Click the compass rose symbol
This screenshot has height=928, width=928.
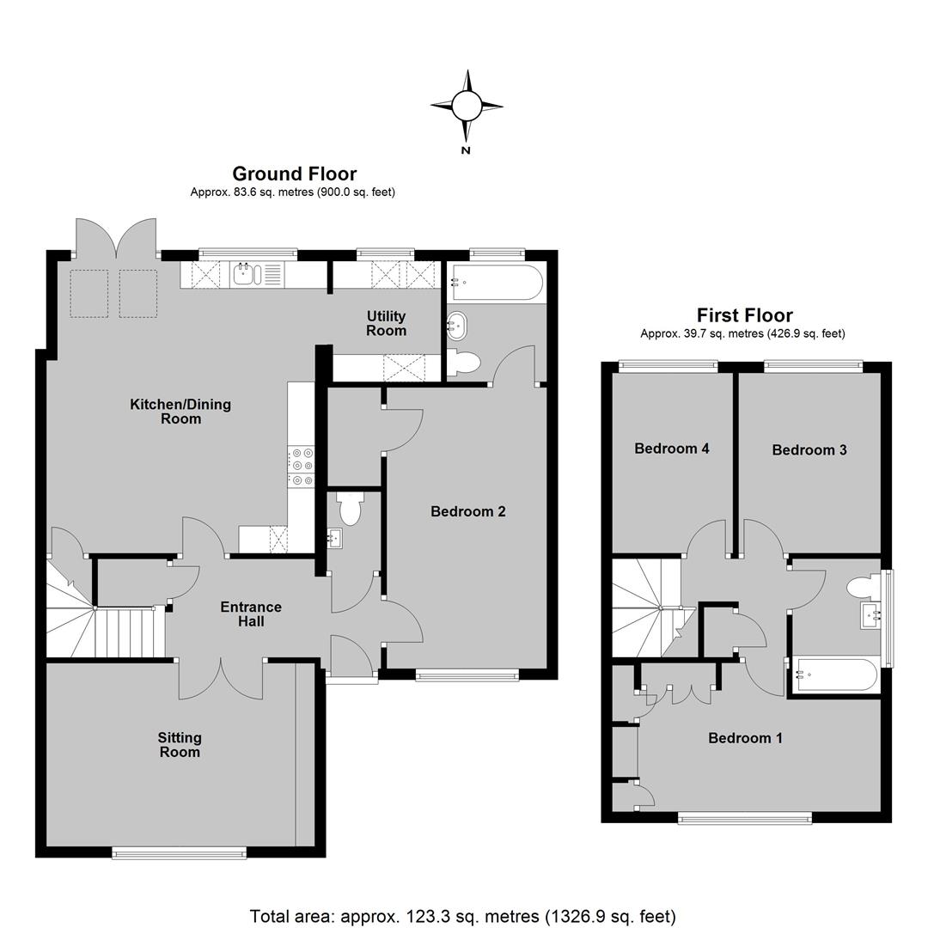point(467,106)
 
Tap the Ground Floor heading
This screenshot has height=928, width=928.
point(294,174)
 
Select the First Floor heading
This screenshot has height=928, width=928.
point(744,314)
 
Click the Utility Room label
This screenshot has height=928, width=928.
point(386,323)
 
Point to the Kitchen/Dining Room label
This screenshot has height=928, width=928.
point(180,412)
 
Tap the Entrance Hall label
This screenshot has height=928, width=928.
point(251,614)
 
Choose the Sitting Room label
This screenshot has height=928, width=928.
point(180,744)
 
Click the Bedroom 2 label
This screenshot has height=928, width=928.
point(468,511)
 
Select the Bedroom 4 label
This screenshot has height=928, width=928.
point(672,448)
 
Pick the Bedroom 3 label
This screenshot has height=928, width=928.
point(809,449)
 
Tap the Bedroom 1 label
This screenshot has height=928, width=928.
point(745,738)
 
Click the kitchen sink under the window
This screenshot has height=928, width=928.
point(247,274)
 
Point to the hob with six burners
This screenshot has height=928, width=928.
point(302,467)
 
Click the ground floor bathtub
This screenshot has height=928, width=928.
point(497,283)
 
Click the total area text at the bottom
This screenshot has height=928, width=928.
point(463,917)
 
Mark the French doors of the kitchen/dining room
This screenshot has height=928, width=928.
point(117,238)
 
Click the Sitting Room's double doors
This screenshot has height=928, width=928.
point(222,679)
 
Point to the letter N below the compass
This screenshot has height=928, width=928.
point(466,150)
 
